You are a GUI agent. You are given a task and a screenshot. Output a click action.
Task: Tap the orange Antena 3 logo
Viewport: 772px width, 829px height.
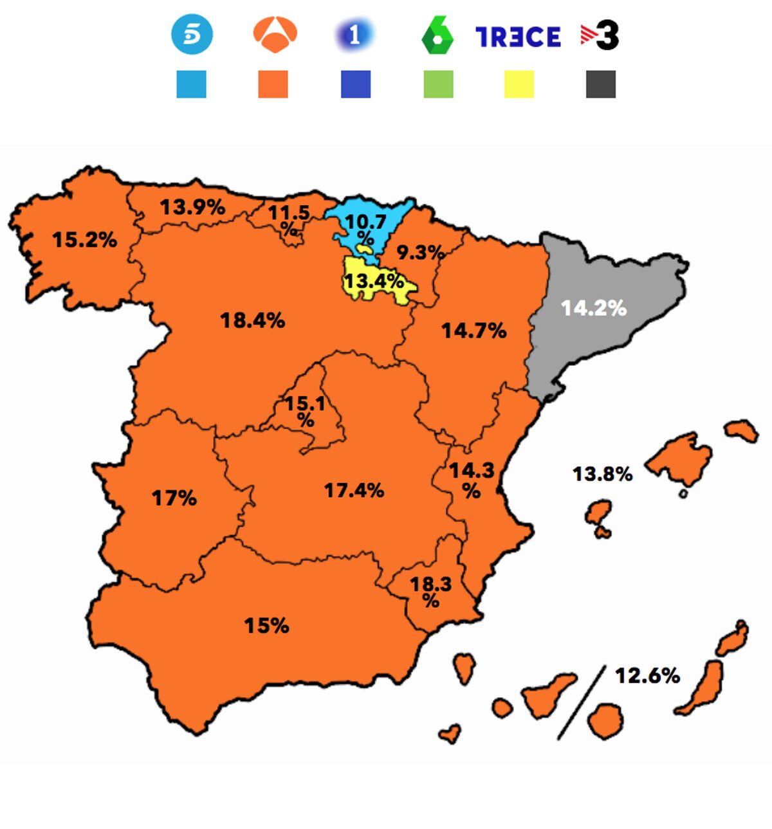click(275, 35)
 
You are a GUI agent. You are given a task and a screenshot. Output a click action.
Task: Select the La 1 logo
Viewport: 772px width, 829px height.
click(354, 35)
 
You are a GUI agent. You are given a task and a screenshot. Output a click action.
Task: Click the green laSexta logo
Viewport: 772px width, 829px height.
click(437, 36)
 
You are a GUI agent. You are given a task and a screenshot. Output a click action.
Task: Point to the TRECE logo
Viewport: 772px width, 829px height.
click(518, 37)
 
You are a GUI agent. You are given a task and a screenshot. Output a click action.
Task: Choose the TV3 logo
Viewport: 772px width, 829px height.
click(600, 35)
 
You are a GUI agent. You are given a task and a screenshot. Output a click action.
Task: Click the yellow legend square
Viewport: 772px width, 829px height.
click(519, 84)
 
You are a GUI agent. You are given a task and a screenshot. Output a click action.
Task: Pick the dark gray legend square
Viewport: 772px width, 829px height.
click(600, 84)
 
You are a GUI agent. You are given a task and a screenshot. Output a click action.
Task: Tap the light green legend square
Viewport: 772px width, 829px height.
click(438, 84)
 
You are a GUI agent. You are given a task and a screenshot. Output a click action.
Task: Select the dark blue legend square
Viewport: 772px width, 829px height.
click(356, 84)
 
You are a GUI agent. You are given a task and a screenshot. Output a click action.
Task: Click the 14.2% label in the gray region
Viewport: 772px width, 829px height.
click(593, 308)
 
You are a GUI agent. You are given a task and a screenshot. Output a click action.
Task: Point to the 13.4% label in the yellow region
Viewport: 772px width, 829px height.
click(374, 281)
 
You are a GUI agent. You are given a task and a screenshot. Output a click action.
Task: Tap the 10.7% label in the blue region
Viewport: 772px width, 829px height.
click(365, 228)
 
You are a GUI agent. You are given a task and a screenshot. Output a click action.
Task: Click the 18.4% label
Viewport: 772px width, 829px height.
click(252, 320)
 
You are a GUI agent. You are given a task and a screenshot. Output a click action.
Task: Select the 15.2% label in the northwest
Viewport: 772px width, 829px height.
click(84, 240)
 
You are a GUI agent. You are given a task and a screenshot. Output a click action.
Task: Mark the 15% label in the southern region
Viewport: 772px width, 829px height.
click(266, 625)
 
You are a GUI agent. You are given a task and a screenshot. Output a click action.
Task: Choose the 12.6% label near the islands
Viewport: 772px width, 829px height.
click(647, 675)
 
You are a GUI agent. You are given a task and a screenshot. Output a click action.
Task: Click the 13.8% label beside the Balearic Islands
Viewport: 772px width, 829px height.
click(602, 474)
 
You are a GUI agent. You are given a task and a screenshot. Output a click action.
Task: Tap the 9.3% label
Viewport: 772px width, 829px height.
click(420, 252)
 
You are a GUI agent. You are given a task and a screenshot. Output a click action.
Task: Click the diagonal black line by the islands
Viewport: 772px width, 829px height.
click(582, 702)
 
